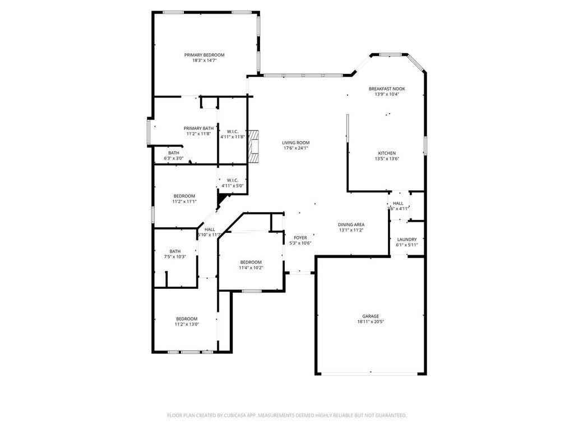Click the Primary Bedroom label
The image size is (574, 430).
[x=205, y=55]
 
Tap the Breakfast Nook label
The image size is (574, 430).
[x=387, y=88]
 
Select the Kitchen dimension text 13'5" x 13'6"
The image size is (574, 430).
[x=387, y=159]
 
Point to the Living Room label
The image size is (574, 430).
[x=295, y=143]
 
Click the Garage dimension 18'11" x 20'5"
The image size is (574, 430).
[x=371, y=322]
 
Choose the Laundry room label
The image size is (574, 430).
[x=406, y=239]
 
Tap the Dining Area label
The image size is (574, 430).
[x=351, y=225]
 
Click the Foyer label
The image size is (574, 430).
[x=300, y=237]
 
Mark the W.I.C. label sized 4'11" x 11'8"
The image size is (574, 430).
[x=233, y=132]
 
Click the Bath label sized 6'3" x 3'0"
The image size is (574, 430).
[x=174, y=153]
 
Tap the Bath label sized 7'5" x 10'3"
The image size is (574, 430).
[x=175, y=251]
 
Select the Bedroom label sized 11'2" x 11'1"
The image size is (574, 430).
[x=184, y=196]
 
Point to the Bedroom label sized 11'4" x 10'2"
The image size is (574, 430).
[x=251, y=262]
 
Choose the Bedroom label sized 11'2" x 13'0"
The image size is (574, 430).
[x=187, y=319]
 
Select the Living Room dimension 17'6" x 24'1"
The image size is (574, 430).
[x=295, y=148]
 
